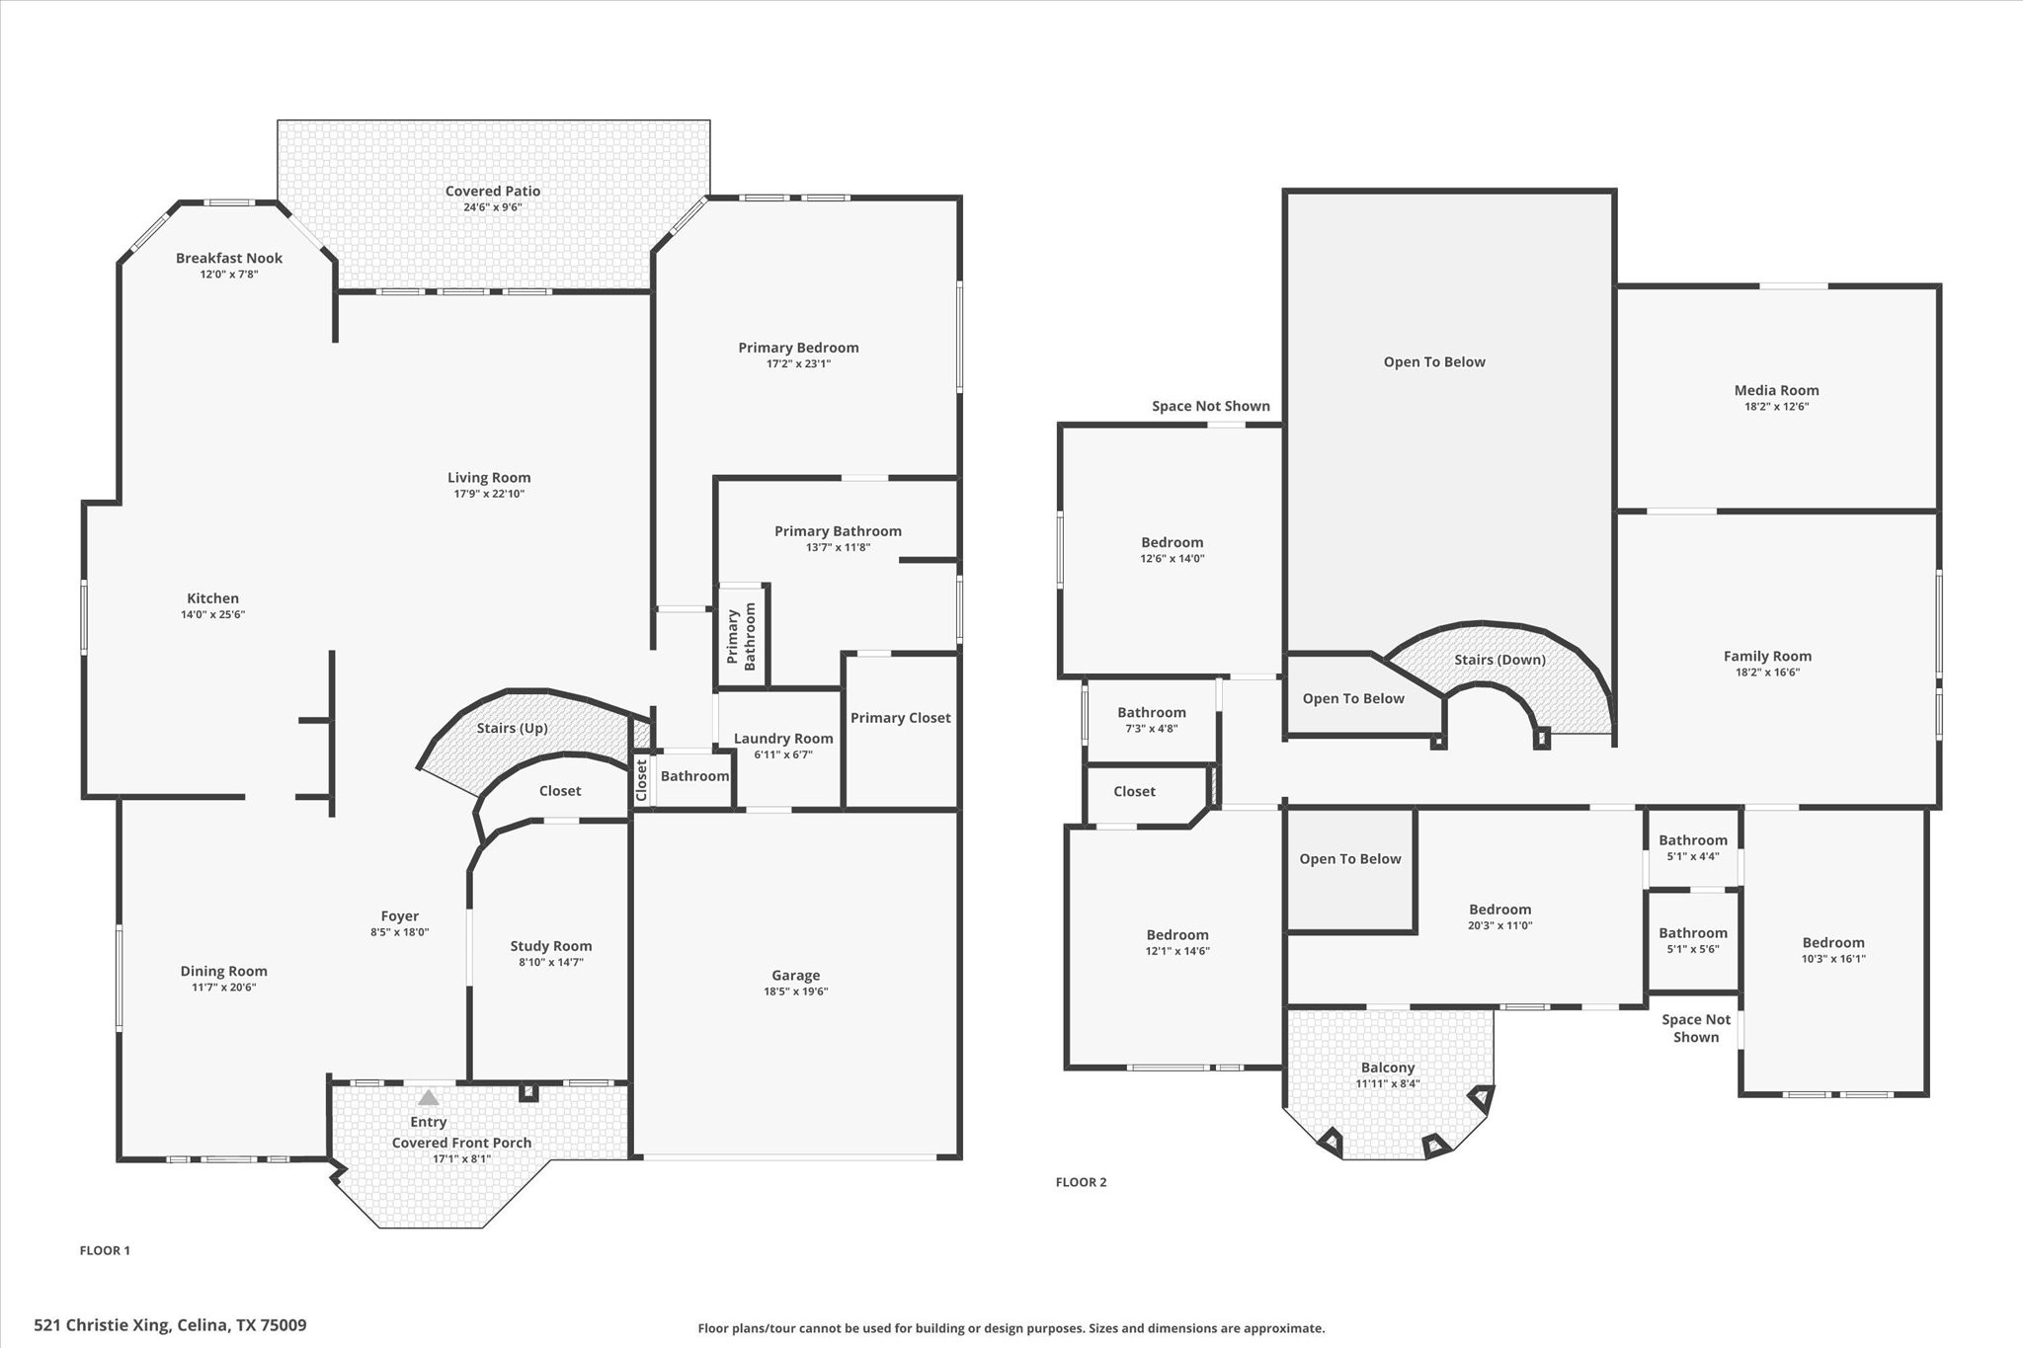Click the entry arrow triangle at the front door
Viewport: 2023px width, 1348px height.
[x=428, y=1097]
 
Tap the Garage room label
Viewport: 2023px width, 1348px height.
[x=795, y=975]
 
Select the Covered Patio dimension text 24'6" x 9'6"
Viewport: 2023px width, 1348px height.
[x=492, y=207]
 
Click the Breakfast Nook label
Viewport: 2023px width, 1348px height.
[x=229, y=258]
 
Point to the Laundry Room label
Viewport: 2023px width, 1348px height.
[x=782, y=738]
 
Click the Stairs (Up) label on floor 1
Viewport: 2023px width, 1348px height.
[x=512, y=728]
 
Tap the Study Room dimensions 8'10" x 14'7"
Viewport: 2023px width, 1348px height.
[x=550, y=962]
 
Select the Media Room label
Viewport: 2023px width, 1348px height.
[x=1776, y=390]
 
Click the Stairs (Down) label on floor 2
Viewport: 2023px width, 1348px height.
[x=1499, y=660]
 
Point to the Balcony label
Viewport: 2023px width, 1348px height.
[x=1387, y=1068]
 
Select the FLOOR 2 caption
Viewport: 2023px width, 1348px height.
[x=1081, y=1182]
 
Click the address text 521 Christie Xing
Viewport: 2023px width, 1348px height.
[x=170, y=1325]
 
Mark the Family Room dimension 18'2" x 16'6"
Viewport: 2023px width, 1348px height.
[x=1766, y=673]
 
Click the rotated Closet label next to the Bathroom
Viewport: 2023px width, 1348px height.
[x=641, y=780]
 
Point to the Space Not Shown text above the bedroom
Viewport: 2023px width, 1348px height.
[x=1210, y=406]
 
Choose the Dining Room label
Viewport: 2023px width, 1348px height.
[x=223, y=971]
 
